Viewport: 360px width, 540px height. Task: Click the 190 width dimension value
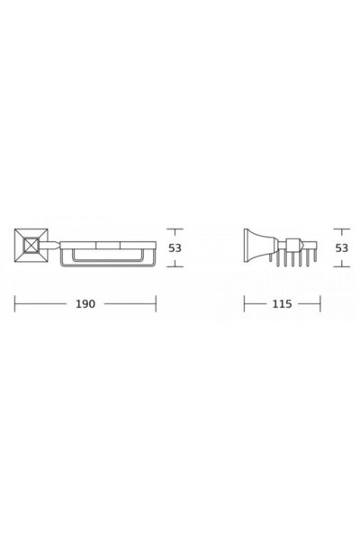pyautogui.click(x=85, y=304)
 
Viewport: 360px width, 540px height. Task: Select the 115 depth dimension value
pyautogui.click(x=282, y=304)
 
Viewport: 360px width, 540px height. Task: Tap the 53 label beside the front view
pyautogui.click(x=175, y=248)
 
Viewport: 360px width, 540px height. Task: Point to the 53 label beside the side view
pyautogui.click(x=342, y=248)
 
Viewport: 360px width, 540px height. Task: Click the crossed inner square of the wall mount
pyautogui.click(x=31, y=245)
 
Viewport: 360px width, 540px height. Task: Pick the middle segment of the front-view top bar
pyautogui.click(x=108, y=245)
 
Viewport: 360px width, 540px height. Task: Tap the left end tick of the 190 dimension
pyautogui.click(x=14, y=303)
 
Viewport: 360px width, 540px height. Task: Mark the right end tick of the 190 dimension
pyautogui.click(x=156, y=303)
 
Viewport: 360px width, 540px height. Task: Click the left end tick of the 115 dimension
pyautogui.click(x=244, y=303)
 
